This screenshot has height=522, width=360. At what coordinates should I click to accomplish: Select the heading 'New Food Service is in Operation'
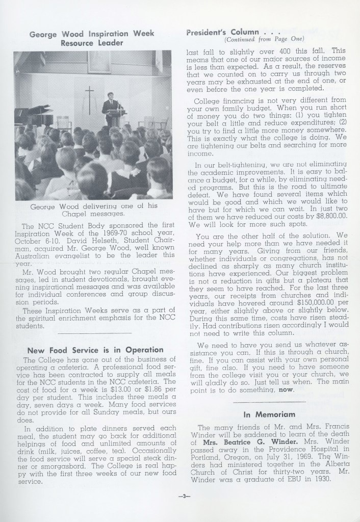point(95,350)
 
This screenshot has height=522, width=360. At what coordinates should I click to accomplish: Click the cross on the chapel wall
point(90,97)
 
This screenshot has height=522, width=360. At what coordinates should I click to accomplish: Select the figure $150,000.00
point(302,296)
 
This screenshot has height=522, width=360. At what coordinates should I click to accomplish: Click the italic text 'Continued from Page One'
point(264,39)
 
